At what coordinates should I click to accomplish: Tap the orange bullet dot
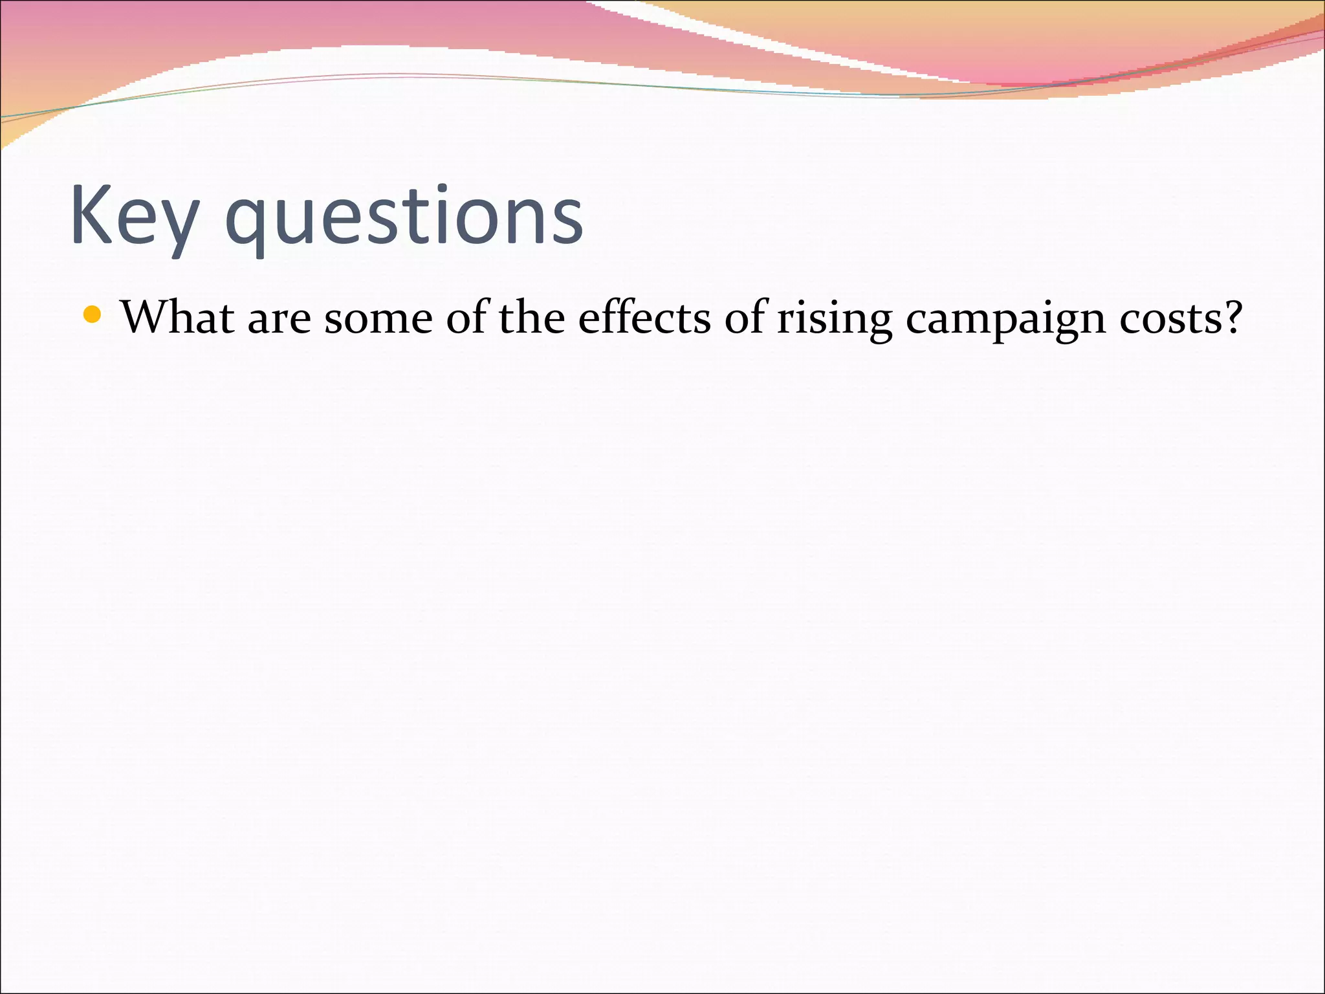93,315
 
